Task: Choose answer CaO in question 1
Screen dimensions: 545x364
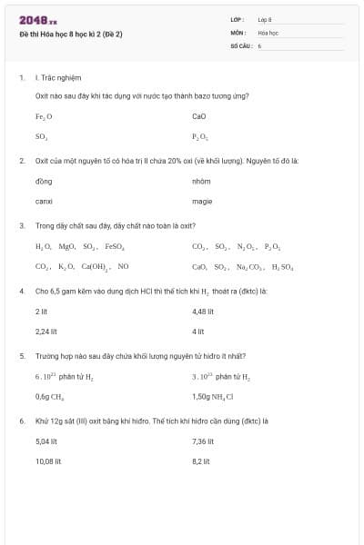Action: pos(199,116)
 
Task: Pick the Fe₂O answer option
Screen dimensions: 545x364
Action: pos(44,116)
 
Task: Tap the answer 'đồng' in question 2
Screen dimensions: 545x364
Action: pos(43,181)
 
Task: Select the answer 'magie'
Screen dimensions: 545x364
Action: pos(202,201)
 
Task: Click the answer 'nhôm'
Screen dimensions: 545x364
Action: pos(201,181)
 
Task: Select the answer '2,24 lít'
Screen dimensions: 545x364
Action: pos(46,332)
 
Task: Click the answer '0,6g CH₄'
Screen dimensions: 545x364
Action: pos(49,397)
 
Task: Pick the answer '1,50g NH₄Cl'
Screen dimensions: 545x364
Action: pos(213,397)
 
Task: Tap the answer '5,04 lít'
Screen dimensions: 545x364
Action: pos(46,441)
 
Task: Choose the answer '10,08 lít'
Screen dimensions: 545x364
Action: pos(48,461)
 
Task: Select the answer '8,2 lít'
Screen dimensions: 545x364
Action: pos(201,461)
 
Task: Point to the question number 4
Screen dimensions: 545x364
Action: pos(22,291)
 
